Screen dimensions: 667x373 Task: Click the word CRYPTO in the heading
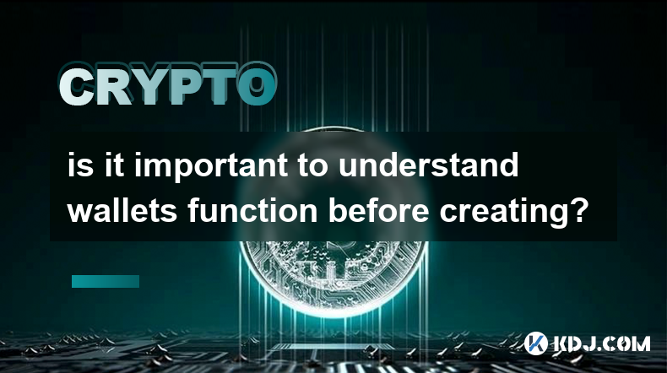pyautogui.click(x=168, y=84)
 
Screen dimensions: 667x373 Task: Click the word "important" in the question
pyautogui.click(x=210, y=166)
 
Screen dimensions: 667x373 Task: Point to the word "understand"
pyautogui.click(x=429, y=165)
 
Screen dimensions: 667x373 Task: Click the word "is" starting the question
pyautogui.click(x=80, y=165)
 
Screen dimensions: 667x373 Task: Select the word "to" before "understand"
pyautogui.click(x=312, y=167)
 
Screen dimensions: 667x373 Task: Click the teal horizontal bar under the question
pyautogui.click(x=106, y=281)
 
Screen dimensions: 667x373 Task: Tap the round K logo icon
pyautogui.click(x=535, y=343)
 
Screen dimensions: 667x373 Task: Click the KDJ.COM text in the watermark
pyautogui.click(x=601, y=343)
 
